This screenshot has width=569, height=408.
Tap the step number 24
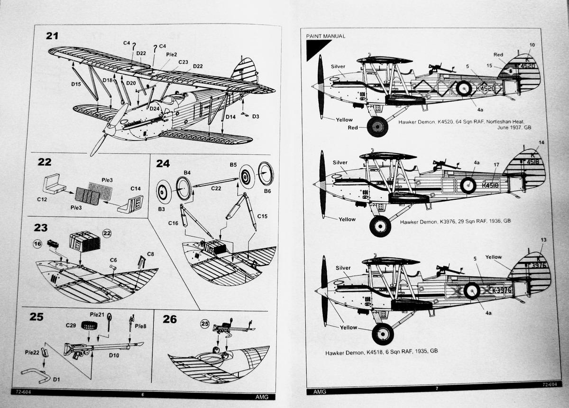coord(163,163)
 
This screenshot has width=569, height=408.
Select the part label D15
coord(76,84)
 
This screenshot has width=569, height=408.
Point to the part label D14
coord(230,116)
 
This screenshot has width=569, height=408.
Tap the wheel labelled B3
coord(163,192)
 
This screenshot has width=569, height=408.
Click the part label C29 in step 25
coord(71,325)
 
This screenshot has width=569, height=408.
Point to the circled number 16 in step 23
coord(37,244)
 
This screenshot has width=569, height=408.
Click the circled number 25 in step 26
coord(205,324)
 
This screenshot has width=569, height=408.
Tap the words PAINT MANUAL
coord(326,36)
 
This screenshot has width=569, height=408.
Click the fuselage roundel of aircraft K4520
coord(463,88)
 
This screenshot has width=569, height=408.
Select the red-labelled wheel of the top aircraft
coord(377,127)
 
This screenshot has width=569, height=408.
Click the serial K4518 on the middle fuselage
coord(490,185)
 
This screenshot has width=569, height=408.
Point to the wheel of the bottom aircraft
coord(382,334)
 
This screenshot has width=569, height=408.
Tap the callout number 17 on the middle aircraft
coord(496,165)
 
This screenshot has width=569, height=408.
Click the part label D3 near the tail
coord(256,116)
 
